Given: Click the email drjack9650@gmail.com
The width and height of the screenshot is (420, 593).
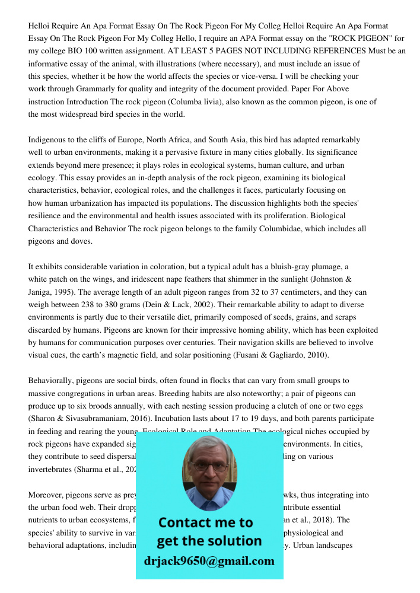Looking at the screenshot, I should [x=209, y=561].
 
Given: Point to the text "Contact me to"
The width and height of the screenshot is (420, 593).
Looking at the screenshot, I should [x=205, y=522].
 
